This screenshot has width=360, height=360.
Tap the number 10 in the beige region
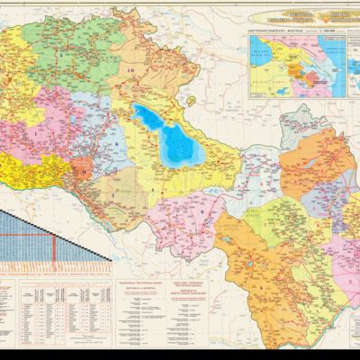pos(130,69)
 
